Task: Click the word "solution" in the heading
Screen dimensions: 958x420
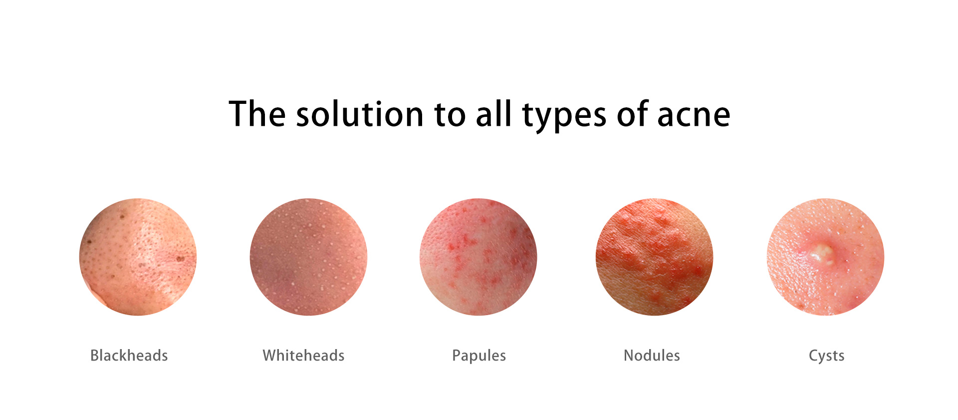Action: (360, 114)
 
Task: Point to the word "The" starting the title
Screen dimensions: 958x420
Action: (257, 114)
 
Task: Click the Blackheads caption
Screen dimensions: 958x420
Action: (129, 355)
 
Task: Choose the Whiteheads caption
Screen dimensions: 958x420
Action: (304, 355)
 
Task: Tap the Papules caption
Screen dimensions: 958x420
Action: (479, 356)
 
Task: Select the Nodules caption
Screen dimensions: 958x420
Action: (652, 355)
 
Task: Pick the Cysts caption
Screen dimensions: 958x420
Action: (827, 356)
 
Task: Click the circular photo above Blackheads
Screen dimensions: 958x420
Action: (138, 257)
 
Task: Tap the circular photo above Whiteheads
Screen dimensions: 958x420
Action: (308, 257)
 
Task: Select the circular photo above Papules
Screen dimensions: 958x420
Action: (479, 257)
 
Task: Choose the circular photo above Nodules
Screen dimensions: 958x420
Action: (654, 257)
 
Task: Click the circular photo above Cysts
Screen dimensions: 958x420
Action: (825, 257)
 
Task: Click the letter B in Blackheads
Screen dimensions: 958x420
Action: (95, 355)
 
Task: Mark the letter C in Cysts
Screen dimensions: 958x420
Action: (814, 355)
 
